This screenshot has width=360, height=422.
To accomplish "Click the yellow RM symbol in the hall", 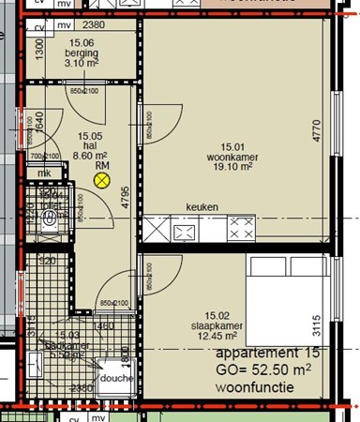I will (x=102, y=178).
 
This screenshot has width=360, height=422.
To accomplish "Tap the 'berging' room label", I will (x=82, y=53).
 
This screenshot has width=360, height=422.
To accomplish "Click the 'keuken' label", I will (x=202, y=207).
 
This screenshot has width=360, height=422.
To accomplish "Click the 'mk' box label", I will (x=43, y=173).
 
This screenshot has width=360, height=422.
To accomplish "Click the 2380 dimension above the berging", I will (x=93, y=25).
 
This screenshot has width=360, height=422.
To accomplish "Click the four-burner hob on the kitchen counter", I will (x=240, y=227).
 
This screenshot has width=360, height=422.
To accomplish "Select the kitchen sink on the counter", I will (x=184, y=227).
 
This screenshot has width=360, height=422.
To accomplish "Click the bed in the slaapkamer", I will (x=286, y=300).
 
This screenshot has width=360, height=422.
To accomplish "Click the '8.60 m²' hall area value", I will (x=89, y=157).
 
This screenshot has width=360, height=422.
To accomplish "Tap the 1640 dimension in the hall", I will (x=39, y=123).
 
